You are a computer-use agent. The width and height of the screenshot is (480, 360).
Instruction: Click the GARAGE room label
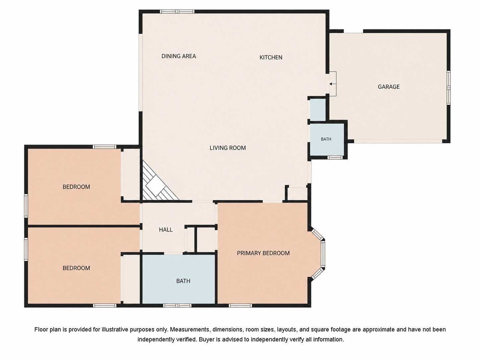point(389,87)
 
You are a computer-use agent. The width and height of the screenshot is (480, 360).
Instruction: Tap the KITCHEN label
point(271,57)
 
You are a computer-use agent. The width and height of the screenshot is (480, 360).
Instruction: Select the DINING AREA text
point(179,56)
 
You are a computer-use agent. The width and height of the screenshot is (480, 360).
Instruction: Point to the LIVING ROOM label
point(228,148)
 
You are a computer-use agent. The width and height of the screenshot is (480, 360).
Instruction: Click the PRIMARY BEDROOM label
point(263,253)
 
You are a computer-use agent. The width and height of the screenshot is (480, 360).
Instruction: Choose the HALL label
point(166,229)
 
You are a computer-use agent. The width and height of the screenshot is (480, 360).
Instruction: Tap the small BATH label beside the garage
point(326,139)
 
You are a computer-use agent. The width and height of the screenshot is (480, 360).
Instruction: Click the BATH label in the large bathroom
point(183,281)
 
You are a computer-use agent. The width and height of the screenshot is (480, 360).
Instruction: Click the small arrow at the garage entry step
point(331,84)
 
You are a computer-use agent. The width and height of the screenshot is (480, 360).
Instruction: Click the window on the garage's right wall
point(449,87)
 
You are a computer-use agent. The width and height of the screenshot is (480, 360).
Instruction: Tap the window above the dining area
point(177,12)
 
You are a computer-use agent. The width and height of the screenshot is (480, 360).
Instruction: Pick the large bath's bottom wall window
point(177,305)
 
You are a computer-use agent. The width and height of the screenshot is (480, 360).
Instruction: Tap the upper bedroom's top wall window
point(104,147)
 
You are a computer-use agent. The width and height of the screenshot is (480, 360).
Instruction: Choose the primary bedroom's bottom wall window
point(240,305)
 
